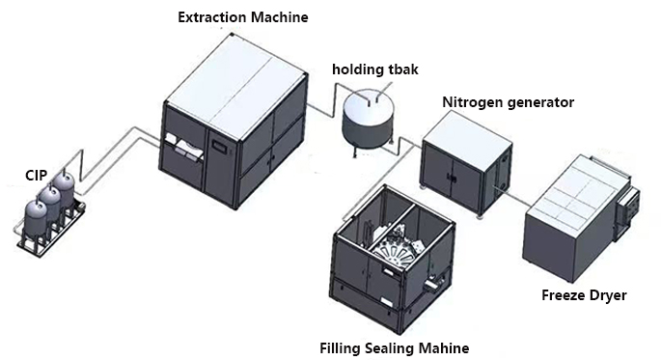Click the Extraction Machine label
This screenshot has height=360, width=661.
243,17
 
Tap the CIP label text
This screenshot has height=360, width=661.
37,176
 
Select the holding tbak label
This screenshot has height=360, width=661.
375,69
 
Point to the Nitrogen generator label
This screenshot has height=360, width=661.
508,102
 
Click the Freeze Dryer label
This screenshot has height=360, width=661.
584,295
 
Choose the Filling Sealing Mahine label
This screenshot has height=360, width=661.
394,348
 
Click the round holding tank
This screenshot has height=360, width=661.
368,123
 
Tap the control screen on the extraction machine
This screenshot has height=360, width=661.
219,146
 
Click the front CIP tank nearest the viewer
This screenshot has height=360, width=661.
35,219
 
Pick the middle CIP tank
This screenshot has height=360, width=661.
50,204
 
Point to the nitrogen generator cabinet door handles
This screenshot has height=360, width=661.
452,178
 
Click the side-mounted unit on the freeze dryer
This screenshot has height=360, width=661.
626,210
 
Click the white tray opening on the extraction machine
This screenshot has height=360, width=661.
183,147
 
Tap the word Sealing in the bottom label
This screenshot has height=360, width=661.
390,349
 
